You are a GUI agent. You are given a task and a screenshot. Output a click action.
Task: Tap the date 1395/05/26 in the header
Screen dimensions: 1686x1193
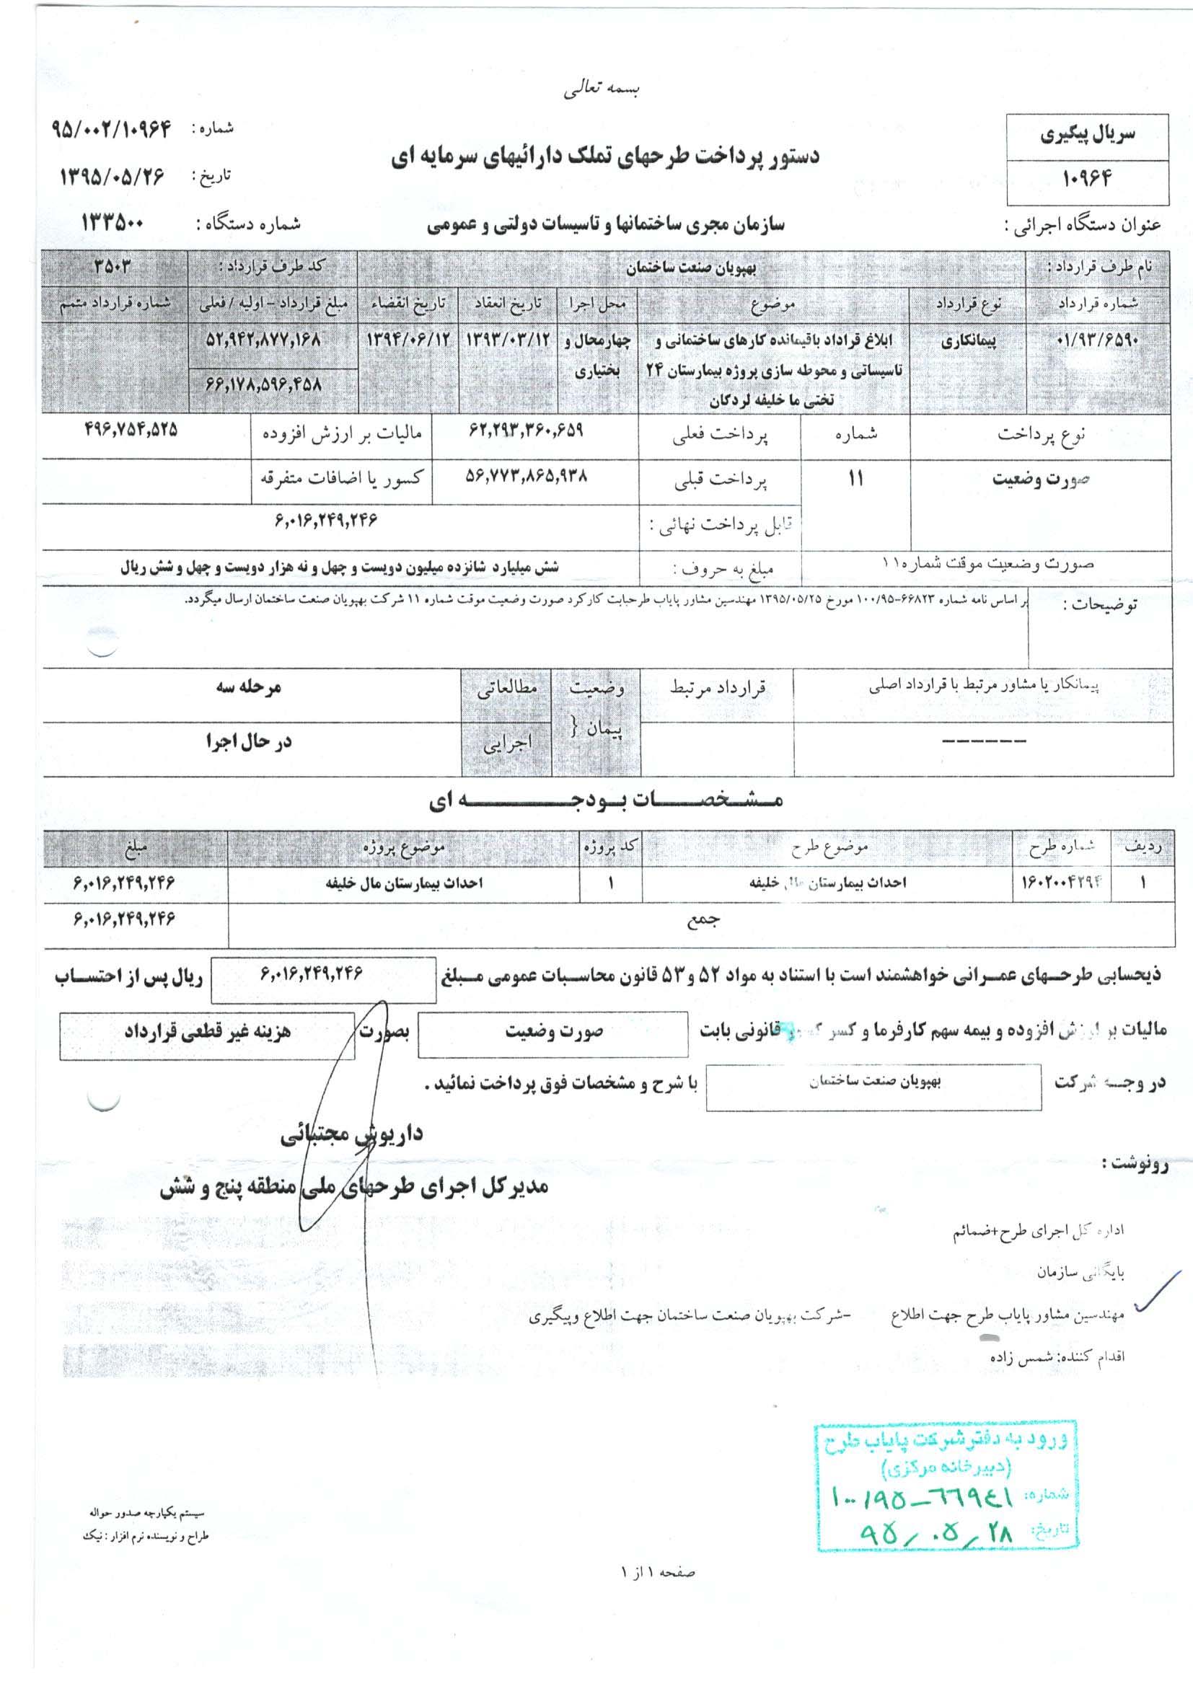113,177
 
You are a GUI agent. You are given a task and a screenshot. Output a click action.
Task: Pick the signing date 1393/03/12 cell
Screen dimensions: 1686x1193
508,343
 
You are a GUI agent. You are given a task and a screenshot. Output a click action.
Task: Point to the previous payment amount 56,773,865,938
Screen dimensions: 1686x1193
525,476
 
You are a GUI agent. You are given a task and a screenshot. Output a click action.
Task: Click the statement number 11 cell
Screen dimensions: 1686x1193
856,479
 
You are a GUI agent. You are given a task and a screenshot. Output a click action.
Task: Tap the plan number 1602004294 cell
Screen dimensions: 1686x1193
1062,883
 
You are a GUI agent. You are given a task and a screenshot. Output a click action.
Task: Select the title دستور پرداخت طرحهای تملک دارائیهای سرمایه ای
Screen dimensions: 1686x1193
604,156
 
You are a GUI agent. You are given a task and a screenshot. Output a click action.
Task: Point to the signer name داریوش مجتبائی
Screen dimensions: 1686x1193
351,1134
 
